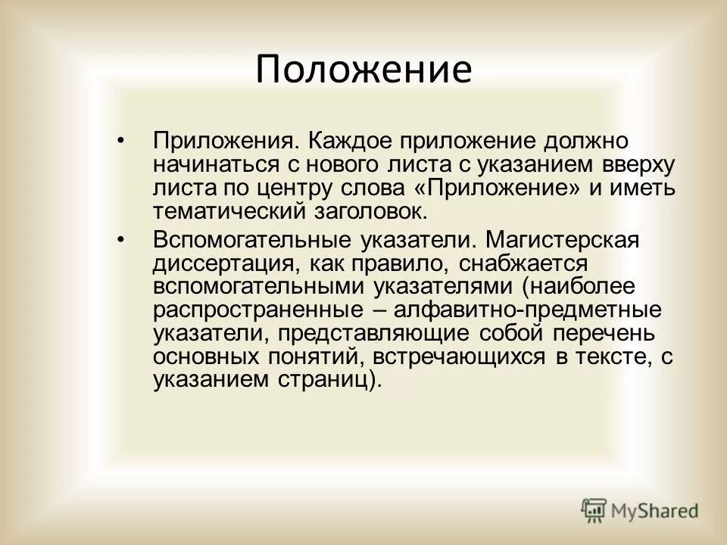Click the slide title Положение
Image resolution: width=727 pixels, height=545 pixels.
pyautogui.click(x=363, y=69)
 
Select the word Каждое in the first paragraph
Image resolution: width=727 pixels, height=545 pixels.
pyautogui.click(x=329, y=142)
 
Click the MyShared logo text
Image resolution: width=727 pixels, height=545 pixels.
pyautogui.click(x=656, y=511)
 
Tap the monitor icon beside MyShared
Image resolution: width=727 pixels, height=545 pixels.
pyautogui.click(x=595, y=511)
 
